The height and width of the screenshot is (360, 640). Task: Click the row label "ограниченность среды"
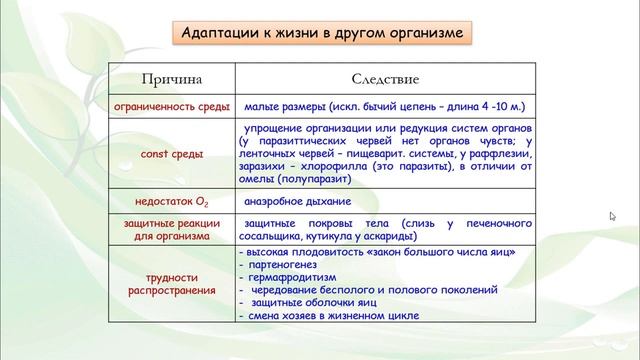(x=173, y=105)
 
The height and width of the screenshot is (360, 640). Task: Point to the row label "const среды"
(x=173, y=154)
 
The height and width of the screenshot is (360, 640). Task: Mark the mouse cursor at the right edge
(x=612, y=216)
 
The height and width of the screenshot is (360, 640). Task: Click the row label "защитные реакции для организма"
(x=173, y=230)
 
